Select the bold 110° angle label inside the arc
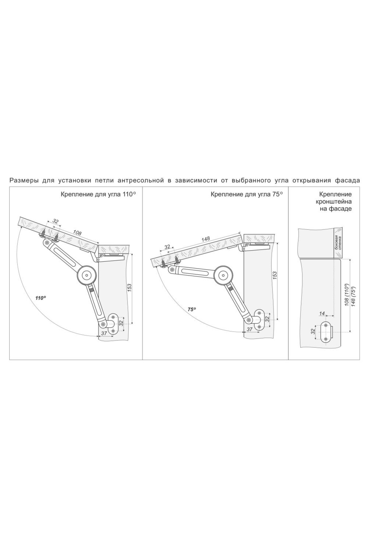point(40,298)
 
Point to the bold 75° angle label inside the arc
point(192,309)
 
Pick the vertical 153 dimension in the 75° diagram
point(275,275)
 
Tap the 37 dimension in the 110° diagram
point(104,334)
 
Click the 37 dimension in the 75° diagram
point(250,329)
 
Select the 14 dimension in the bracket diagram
point(322,313)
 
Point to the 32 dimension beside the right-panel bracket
point(313,332)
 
